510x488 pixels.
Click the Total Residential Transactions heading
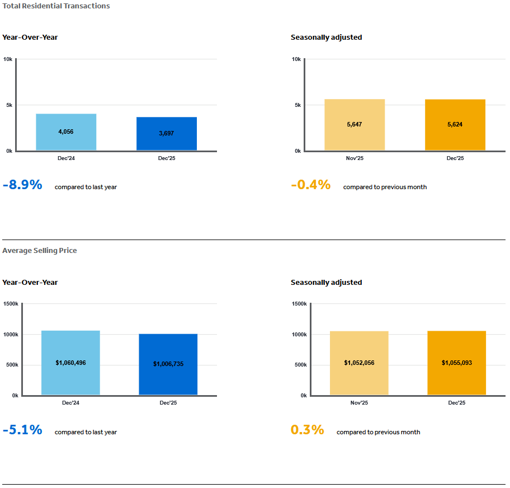pyautogui.click(x=56, y=6)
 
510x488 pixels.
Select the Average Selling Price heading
pyautogui.click(x=40, y=251)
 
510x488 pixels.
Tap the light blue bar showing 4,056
pyautogui.click(x=66, y=132)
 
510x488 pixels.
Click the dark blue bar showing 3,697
pyautogui.click(x=167, y=134)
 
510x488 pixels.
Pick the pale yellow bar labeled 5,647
pyautogui.click(x=355, y=125)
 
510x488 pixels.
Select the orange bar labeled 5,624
pyautogui.click(x=455, y=125)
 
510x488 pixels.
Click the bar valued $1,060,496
pyautogui.click(x=70, y=363)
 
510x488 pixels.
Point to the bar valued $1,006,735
pyautogui.click(x=168, y=364)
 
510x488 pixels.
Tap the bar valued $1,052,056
pyautogui.click(x=359, y=363)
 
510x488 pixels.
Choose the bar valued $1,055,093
pyautogui.click(x=457, y=363)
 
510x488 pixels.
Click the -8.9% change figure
pyautogui.click(x=22, y=185)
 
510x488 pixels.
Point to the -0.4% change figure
pyautogui.click(x=311, y=185)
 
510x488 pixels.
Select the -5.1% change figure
pyautogui.click(x=22, y=430)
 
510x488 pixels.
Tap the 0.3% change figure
pyautogui.click(x=307, y=430)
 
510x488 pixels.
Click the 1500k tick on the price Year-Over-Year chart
pyautogui.click(x=11, y=304)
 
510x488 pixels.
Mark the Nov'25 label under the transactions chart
pyautogui.click(x=355, y=158)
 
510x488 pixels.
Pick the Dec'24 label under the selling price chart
pyautogui.click(x=70, y=403)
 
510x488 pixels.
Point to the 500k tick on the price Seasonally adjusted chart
pyautogui.click(x=300, y=365)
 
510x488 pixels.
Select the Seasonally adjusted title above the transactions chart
pyautogui.click(x=326, y=37)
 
